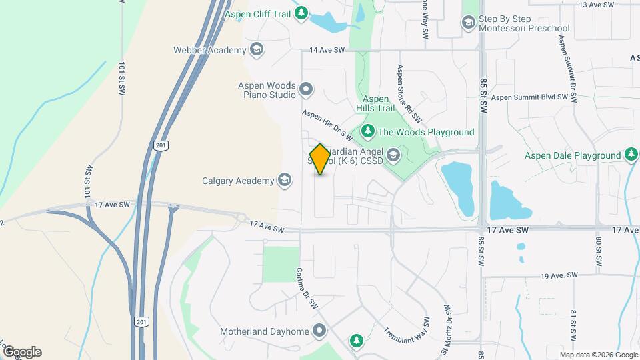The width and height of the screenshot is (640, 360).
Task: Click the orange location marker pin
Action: (x=321, y=159)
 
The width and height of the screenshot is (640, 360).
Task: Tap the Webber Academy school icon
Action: (x=257, y=49)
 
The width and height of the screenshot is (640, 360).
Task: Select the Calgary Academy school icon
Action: (x=285, y=181)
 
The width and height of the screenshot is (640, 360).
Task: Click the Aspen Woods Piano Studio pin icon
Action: (x=306, y=89)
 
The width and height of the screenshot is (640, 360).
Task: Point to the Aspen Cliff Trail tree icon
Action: (x=302, y=13)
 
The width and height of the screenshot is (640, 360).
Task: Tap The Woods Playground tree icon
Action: (x=367, y=132)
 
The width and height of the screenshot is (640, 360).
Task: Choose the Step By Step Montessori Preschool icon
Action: (x=468, y=23)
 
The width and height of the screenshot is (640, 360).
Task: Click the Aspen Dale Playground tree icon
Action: (x=631, y=155)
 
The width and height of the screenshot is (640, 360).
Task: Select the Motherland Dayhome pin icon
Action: (x=320, y=331)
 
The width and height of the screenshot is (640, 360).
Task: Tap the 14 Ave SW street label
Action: (x=327, y=50)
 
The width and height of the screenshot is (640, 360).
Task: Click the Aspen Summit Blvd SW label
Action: (x=533, y=97)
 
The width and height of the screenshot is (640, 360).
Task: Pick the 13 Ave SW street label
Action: (x=596, y=5)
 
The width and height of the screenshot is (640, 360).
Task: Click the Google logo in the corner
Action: (x=21, y=351)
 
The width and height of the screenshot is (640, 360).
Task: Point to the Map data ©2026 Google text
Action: (x=598, y=355)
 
